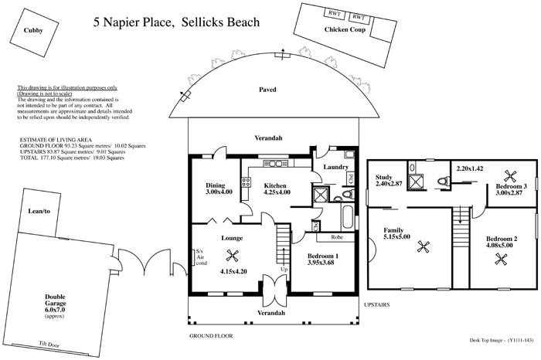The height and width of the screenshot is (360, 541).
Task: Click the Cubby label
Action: tap(32, 32)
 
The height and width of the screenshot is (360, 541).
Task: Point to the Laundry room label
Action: tap(335, 167)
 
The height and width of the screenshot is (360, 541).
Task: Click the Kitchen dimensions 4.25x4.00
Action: tap(277, 192)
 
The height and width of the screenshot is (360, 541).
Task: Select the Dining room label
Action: tap(215, 185)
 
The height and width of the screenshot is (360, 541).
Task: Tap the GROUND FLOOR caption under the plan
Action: tap(211, 337)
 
